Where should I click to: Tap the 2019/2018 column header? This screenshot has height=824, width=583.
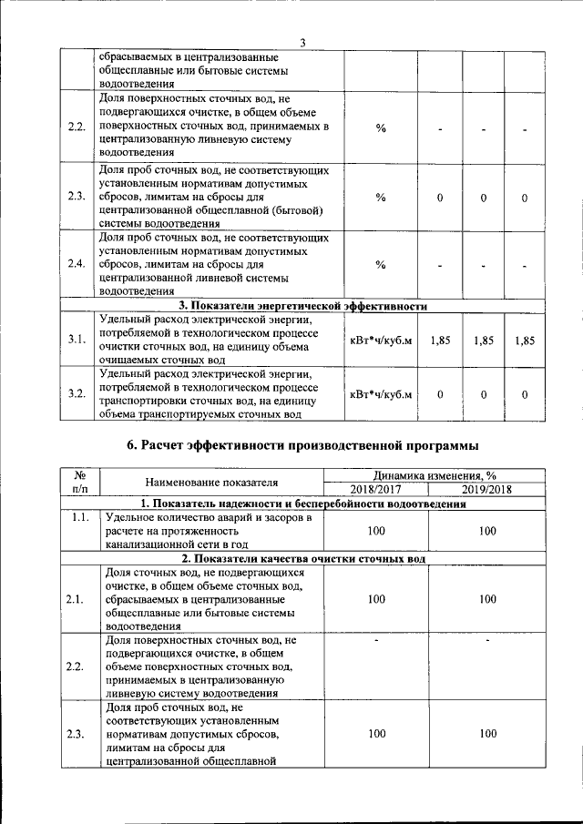click(487, 489)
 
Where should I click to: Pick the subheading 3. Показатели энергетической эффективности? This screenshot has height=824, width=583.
click(303, 306)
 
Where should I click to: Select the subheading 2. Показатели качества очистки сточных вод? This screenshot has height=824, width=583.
click(303, 557)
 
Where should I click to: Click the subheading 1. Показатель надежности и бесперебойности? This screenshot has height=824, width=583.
click(303, 504)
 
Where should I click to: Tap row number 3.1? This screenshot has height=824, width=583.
click(77, 340)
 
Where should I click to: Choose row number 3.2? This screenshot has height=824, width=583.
click(77, 394)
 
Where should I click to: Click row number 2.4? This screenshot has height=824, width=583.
click(77, 264)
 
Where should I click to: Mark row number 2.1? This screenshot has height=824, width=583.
click(77, 599)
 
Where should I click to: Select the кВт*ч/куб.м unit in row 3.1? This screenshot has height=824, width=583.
click(381, 340)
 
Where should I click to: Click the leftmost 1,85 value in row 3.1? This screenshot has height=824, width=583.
click(440, 340)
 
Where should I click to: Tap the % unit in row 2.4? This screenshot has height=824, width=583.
click(381, 264)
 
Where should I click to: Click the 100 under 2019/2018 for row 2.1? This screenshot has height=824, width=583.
click(487, 599)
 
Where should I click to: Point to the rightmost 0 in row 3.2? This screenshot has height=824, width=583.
click(525, 394)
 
